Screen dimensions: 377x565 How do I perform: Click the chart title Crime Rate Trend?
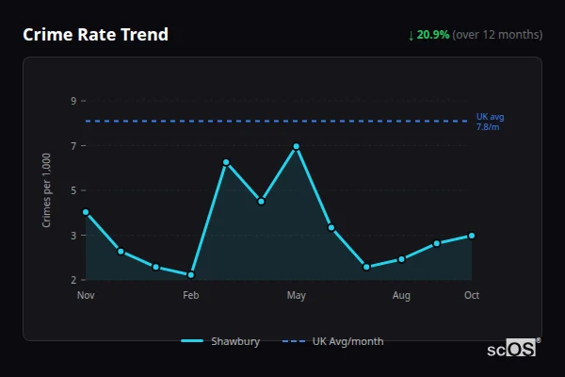click(x=95, y=35)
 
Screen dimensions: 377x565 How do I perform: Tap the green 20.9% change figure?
click(x=433, y=35)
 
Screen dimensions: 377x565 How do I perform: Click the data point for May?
click(x=296, y=146)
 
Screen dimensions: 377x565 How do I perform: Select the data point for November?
click(x=86, y=212)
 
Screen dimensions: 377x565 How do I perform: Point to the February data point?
click(x=191, y=275)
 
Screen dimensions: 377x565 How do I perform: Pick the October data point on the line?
click(x=472, y=236)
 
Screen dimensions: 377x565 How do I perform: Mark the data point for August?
click(x=401, y=259)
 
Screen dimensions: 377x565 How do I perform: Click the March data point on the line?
click(x=226, y=162)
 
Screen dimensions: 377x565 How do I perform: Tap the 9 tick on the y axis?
click(x=73, y=101)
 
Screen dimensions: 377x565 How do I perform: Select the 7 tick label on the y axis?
click(x=73, y=146)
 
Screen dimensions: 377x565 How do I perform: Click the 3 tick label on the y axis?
click(x=73, y=236)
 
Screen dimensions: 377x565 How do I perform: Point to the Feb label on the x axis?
click(x=191, y=296)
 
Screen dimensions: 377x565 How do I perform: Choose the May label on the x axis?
click(x=296, y=296)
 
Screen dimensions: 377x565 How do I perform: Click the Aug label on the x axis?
click(x=401, y=296)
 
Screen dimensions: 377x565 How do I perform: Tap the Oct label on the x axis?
click(x=472, y=296)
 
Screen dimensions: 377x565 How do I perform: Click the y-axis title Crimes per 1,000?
click(x=47, y=190)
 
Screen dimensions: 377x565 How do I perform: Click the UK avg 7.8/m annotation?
click(x=490, y=122)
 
